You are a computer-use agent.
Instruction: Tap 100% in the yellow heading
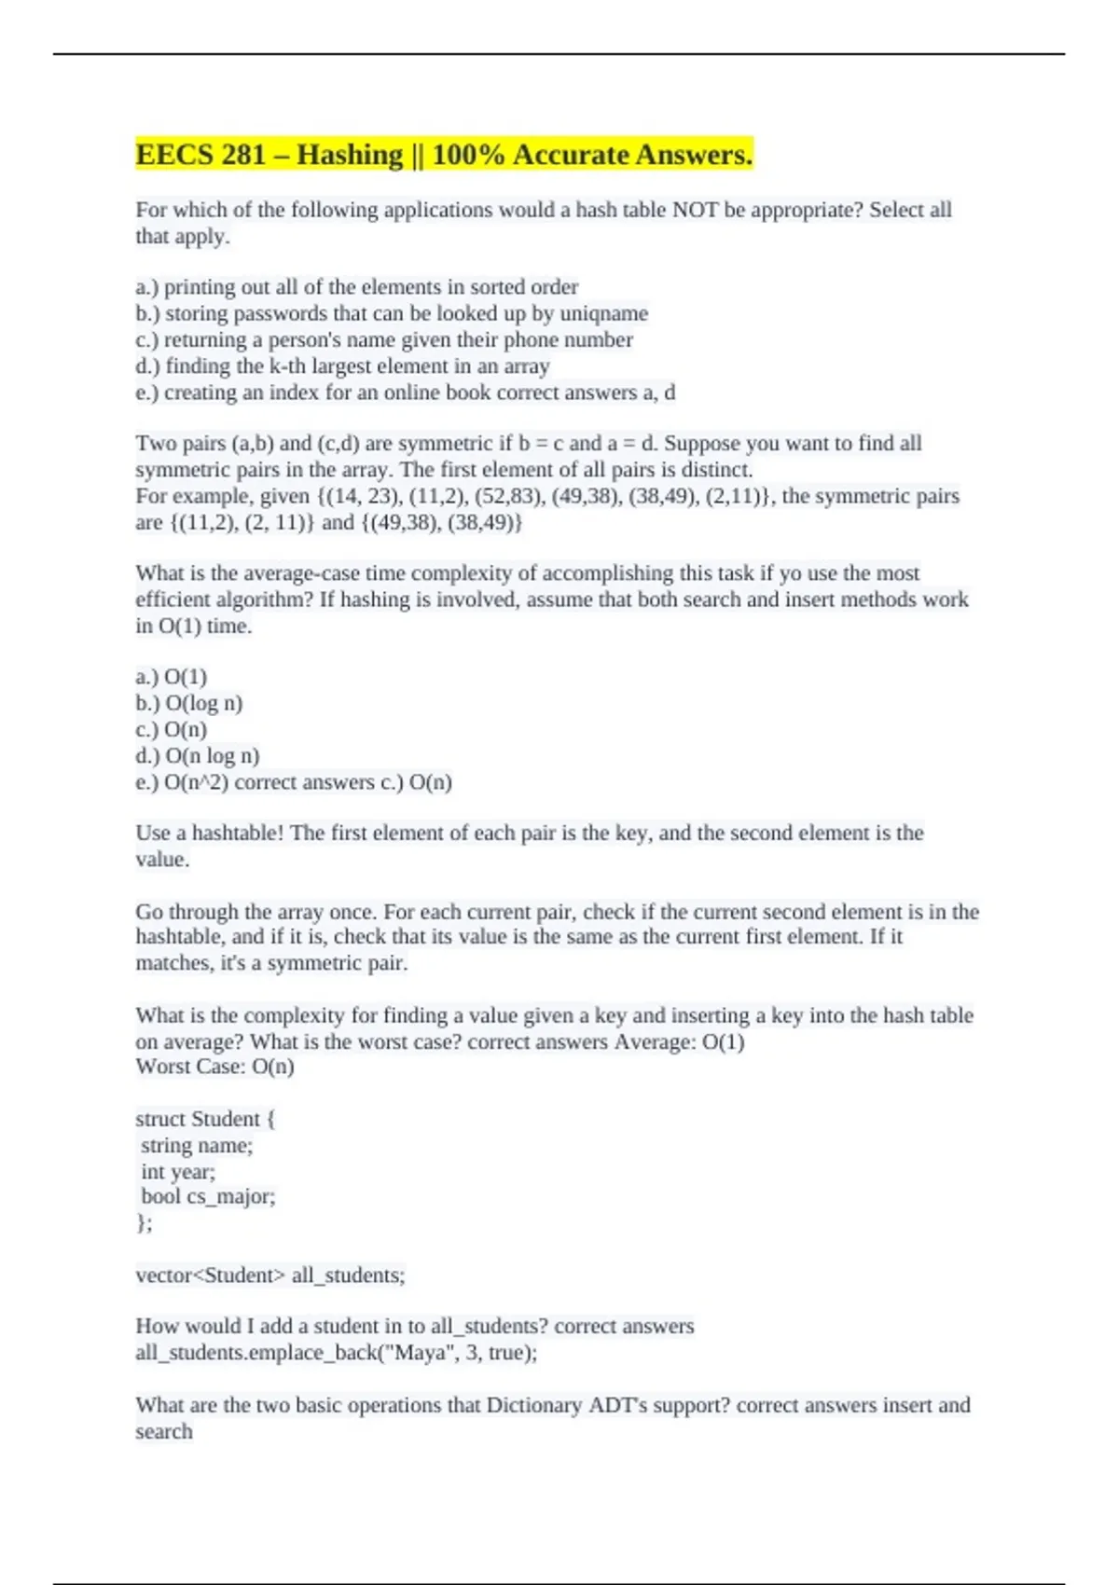pyautogui.click(x=468, y=155)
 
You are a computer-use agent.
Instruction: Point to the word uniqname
pyautogui.click(x=603, y=313)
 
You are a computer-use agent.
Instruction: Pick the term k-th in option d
pyautogui.click(x=286, y=366)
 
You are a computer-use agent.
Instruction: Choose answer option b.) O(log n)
pyautogui.click(x=189, y=703)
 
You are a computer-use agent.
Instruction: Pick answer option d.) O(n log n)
pyautogui.click(x=198, y=756)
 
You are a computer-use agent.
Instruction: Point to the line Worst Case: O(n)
pyautogui.click(x=214, y=1067)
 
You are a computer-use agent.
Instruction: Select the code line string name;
pyautogui.click(x=197, y=1145)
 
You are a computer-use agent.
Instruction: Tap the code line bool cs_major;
pyautogui.click(x=208, y=1197)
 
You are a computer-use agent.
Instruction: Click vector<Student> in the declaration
pyautogui.click(x=210, y=1275)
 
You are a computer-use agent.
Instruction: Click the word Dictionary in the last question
pyautogui.click(x=533, y=1405)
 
